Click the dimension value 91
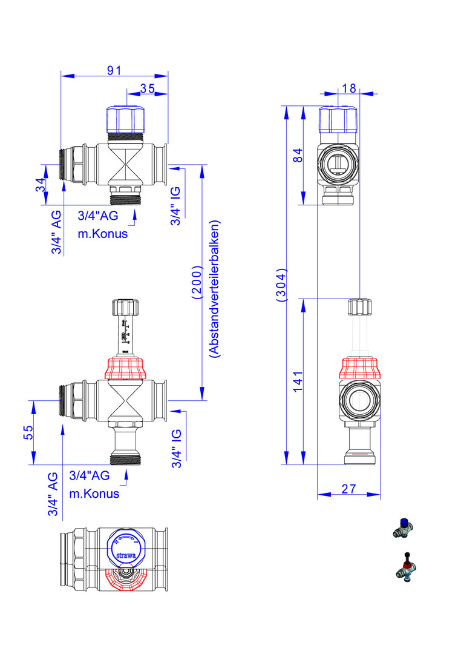click(x=114, y=70)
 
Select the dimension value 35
click(x=147, y=88)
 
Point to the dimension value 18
click(x=348, y=88)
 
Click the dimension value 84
click(x=297, y=155)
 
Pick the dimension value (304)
click(x=281, y=285)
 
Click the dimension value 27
click(x=348, y=488)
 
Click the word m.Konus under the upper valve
click(x=103, y=234)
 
